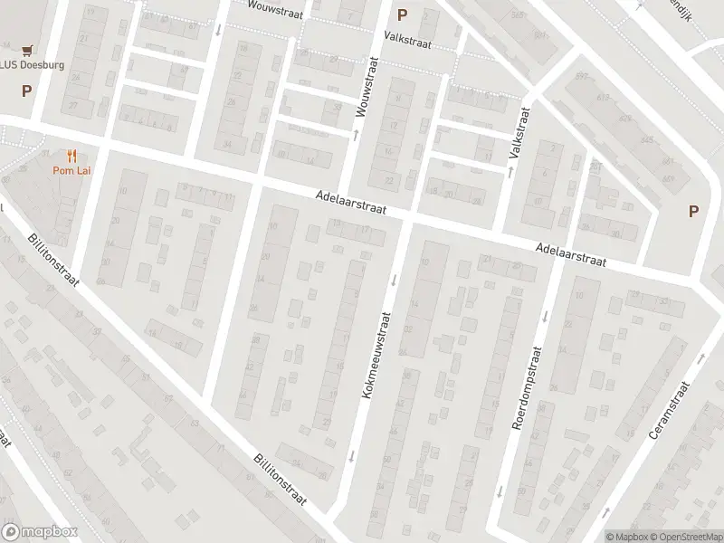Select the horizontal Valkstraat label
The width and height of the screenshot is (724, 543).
[x=407, y=41]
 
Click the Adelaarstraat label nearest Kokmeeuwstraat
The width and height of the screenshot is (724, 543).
[x=352, y=202]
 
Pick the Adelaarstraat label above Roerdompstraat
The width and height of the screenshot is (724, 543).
[x=569, y=254]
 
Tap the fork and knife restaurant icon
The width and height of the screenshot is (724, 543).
[x=69, y=156]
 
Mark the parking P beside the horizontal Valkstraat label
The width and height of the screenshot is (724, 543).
[x=402, y=14]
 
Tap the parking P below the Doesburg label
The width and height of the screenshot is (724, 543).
[x=26, y=90]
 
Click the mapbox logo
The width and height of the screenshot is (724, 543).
[x=40, y=532]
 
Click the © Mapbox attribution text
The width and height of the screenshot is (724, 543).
[x=626, y=537]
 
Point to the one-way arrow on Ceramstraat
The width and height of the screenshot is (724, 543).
[x=701, y=357]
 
